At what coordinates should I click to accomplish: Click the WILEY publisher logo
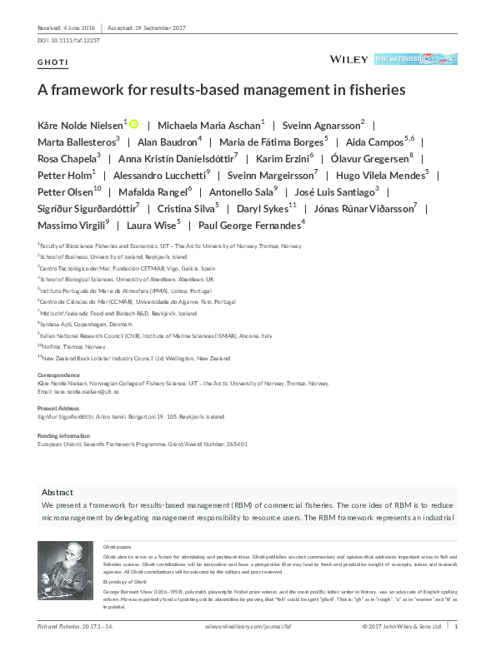[x=348, y=59]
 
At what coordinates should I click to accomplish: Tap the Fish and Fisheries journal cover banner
[x=416, y=59]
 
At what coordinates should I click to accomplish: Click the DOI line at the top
[x=69, y=40]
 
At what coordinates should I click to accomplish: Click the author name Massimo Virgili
[x=72, y=226]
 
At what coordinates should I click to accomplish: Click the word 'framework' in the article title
[x=89, y=88]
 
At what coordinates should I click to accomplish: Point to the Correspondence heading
[x=58, y=375]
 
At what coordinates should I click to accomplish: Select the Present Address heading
[x=58, y=409]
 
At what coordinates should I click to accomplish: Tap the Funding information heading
[x=64, y=435]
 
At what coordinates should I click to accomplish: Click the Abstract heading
[x=58, y=493]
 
